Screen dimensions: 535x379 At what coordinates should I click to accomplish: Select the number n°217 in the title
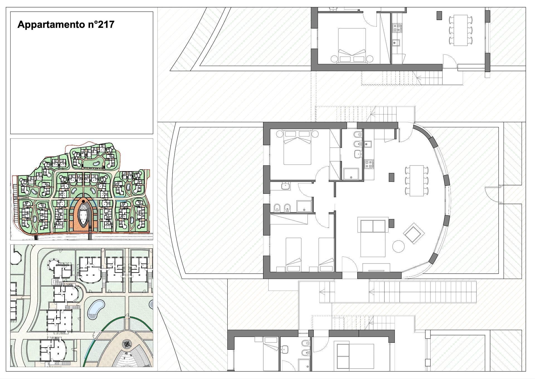pos(99,24)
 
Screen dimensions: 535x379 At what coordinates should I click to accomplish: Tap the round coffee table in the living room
pos(398,246)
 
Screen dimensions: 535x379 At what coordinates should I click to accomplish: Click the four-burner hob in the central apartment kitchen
pos(369,164)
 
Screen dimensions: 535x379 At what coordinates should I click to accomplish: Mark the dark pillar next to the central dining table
pos(391,177)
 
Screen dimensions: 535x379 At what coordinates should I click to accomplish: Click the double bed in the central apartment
pos(297,147)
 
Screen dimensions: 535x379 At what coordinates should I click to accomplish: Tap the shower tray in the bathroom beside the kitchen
pos(352,174)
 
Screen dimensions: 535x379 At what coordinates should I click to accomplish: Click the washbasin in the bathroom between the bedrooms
pos(286,186)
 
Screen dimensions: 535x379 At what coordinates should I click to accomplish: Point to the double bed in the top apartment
pos(352,45)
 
